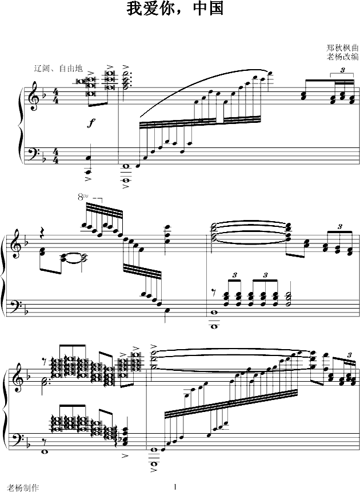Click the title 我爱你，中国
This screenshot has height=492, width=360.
pos(175,9)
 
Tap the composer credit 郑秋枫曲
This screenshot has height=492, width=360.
pos(342,48)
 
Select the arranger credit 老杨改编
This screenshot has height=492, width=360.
pos(342,57)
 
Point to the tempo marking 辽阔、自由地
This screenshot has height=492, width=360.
pos(58,68)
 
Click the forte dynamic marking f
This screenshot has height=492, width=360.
pos(91,123)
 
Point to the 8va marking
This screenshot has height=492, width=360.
pos(83,197)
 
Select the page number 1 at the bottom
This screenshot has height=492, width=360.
pos(175,487)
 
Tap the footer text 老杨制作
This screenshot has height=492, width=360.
pos(23,487)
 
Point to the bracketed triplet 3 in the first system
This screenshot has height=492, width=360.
pos(342,70)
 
